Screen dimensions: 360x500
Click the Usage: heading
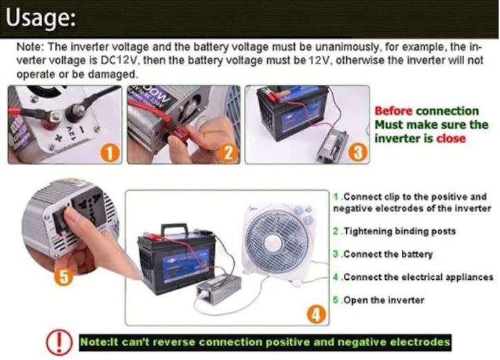point(40,19)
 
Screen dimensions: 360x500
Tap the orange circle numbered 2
point(228,153)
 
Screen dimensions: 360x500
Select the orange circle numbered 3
point(357,153)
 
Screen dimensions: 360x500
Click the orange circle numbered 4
point(315,314)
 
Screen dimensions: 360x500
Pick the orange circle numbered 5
point(64,277)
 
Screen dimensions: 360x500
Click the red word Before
point(394,111)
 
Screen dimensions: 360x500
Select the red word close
point(451,139)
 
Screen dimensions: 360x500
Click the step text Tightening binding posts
point(398,231)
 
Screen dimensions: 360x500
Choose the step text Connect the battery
point(387,254)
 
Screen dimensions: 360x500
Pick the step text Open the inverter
point(383,300)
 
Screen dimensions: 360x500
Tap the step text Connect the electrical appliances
point(417,277)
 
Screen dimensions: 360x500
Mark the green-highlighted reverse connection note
point(265,342)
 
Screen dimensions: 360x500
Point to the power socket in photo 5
point(93,215)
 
